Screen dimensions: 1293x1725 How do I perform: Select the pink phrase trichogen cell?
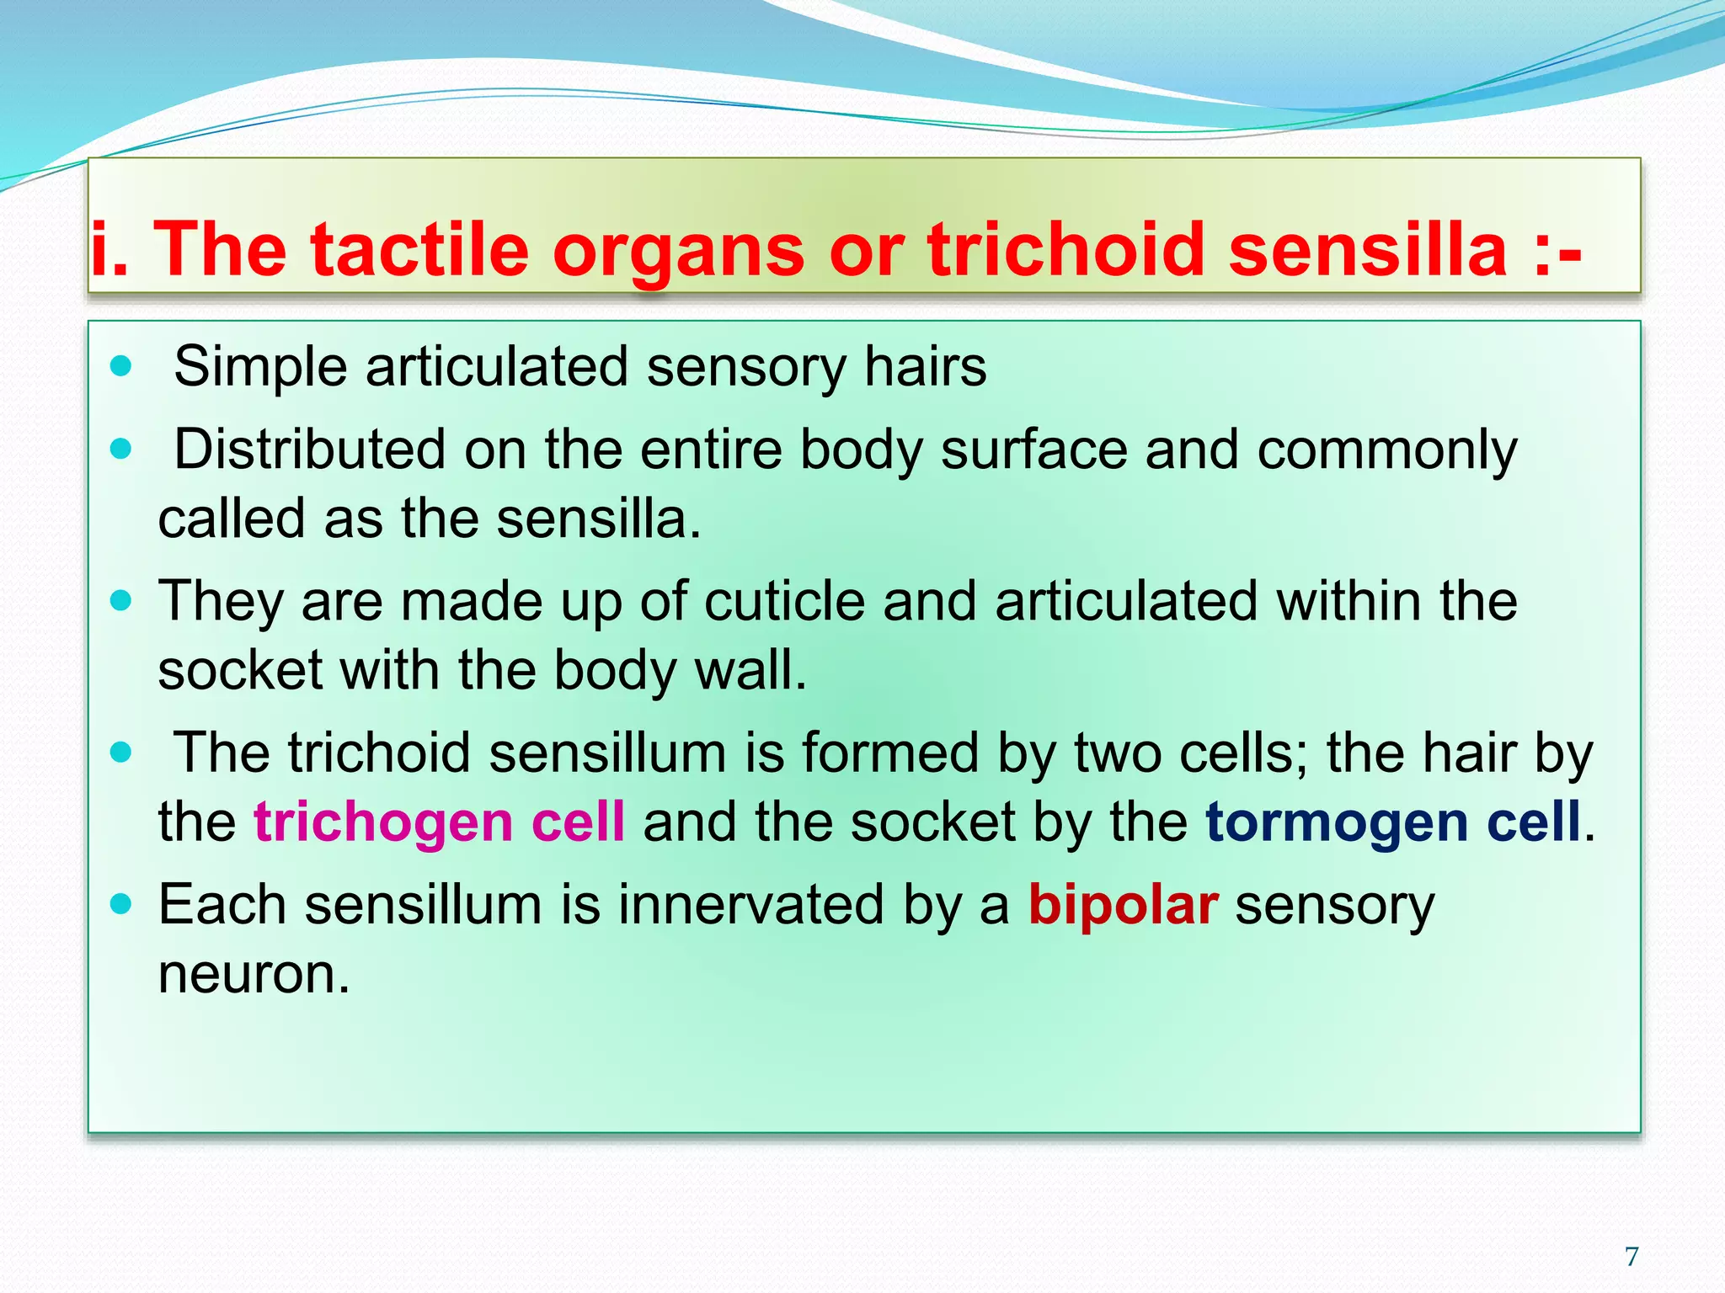click(x=439, y=822)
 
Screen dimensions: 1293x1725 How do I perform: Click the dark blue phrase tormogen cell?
click(x=1392, y=822)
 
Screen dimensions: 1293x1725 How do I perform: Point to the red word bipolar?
click(x=1123, y=906)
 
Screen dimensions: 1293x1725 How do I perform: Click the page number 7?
click(x=1632, y=1256)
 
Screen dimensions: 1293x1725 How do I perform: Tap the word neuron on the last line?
click(x=253, y=974)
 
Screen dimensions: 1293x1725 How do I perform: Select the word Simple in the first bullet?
click(x=260, y=368)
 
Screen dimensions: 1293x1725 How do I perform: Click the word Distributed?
click(x=310, y=450)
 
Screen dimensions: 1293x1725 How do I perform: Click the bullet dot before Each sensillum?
click(x=121, y=905)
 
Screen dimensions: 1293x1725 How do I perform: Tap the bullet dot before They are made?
click(x=121, y=601)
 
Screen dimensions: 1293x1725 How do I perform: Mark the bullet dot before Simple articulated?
click(x=121, y=366)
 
